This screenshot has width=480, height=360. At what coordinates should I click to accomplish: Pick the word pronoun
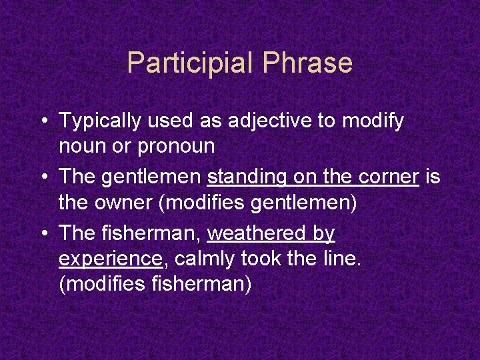tap(176, 146)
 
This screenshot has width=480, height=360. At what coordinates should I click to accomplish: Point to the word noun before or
tap(82, 146)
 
